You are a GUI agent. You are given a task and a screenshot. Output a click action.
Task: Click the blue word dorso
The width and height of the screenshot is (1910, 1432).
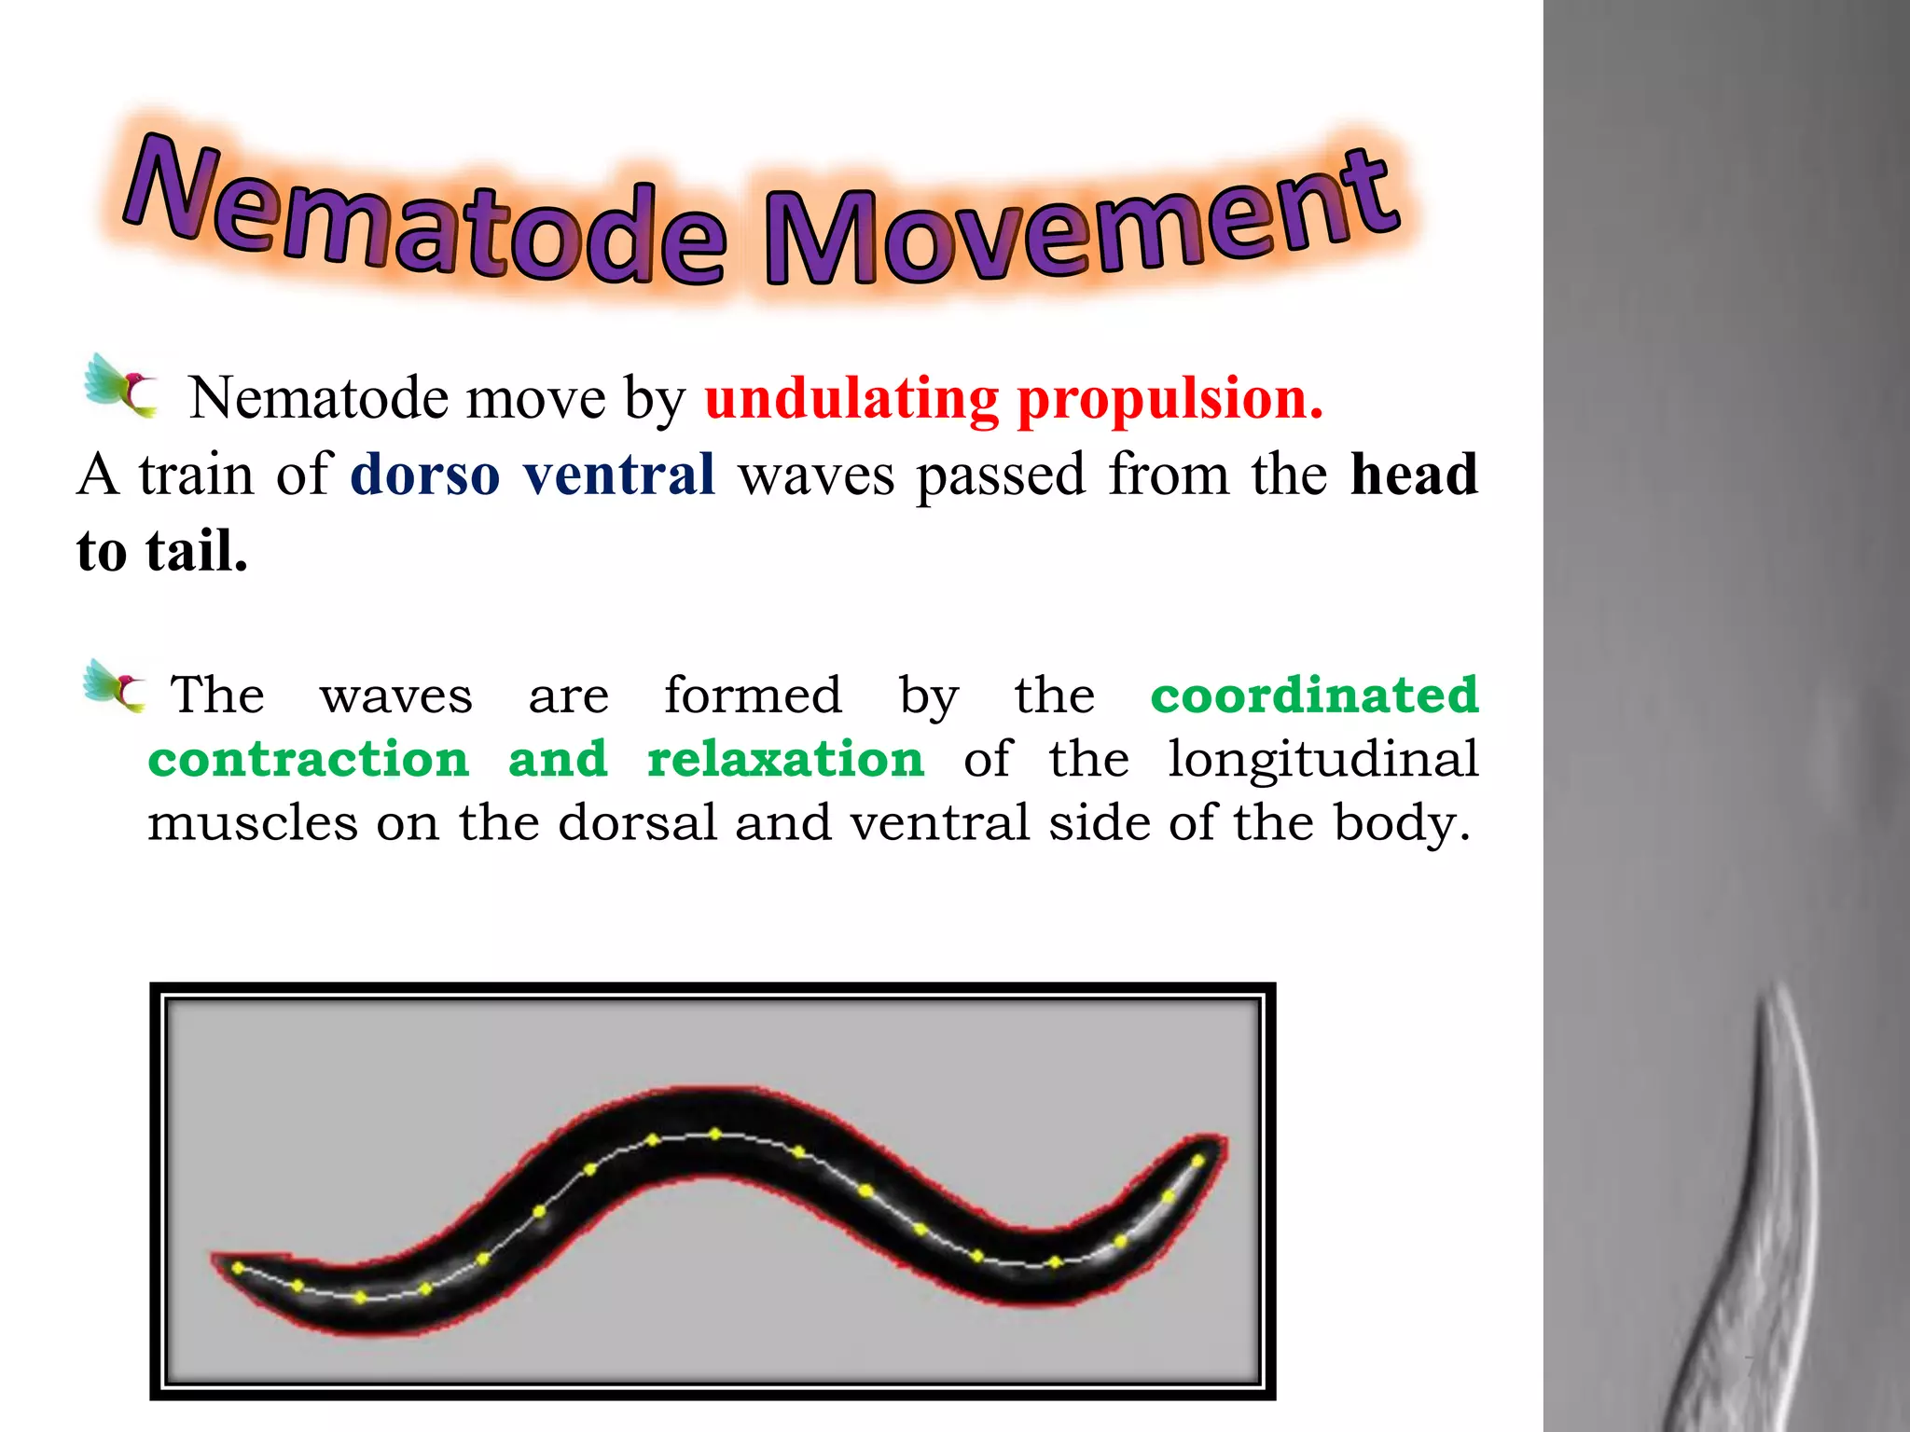(425, 475)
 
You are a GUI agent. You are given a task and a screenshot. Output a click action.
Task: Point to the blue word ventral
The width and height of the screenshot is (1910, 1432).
(619, 475)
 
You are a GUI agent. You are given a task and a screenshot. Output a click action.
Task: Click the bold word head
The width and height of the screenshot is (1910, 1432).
(1414, 475)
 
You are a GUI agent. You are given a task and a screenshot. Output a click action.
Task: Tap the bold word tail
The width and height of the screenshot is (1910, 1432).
(196, 551)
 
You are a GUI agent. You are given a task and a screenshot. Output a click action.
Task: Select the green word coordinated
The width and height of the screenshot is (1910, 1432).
(1314, 695)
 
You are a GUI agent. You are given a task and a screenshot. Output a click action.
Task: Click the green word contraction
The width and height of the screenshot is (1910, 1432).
(308, 759)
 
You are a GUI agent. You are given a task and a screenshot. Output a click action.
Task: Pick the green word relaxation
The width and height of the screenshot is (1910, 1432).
(785, 759)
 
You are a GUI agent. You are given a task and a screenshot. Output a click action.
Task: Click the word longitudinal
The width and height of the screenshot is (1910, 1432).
(1322, 759)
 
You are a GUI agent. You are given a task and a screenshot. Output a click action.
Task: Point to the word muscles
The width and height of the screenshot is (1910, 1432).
(252, 822)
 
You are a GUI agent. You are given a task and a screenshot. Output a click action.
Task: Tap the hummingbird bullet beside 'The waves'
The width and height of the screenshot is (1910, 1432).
(115, 687)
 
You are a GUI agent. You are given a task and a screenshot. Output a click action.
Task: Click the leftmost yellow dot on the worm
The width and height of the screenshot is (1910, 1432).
(238, 1268)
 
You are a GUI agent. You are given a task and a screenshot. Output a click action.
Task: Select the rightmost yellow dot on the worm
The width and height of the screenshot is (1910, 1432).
(1198, 1161)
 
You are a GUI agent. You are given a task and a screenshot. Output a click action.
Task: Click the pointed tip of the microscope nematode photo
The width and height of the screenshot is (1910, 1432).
(1779, 984)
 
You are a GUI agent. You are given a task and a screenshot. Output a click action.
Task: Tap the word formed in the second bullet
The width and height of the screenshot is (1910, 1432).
(753, 695)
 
